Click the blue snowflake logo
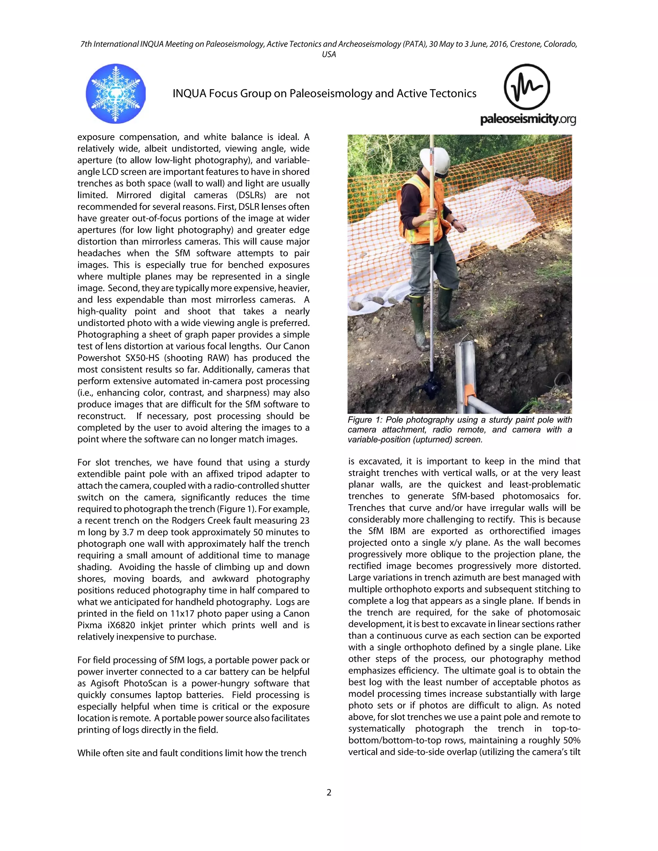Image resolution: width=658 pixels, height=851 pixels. point(115,93)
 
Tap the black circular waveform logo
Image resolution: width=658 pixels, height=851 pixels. point(527,87)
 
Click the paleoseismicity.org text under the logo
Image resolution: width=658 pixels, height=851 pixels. point(528,119)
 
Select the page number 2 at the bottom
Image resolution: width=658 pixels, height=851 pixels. point(329,792)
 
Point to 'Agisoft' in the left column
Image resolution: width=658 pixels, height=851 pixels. point(105,683)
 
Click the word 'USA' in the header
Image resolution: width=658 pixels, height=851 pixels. point(329,54)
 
